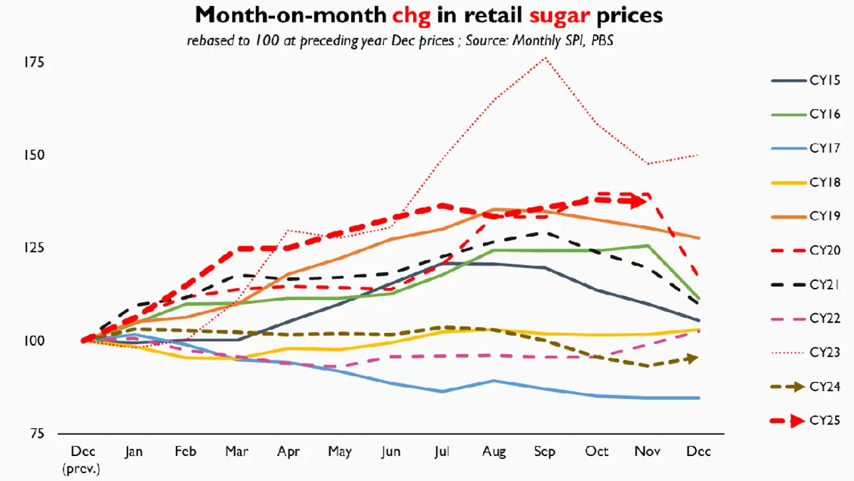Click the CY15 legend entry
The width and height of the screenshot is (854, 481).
(x=805, y=81)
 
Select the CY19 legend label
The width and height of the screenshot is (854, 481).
(x=825, y=216)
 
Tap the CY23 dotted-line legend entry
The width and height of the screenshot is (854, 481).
(x=805, y=353)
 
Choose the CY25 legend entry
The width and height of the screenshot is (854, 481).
(x=805, y=420)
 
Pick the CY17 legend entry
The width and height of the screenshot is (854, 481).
(x=805, y=148)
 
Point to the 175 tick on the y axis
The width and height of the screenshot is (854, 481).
(x=34, y=62)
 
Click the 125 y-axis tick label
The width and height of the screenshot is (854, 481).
(x=34, y=248)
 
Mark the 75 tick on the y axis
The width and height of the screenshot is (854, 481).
(x=37, y=433)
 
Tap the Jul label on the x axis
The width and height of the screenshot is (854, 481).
(x=442, y=452)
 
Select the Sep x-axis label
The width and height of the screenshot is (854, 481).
(x=545, y=452)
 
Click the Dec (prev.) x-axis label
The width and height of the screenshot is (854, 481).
(x=82, y=460)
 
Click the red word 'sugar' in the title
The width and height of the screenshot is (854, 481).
(x=560, y=16)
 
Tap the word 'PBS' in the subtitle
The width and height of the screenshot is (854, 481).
(x=602, y=40)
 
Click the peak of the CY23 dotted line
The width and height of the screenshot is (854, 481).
(x=545, y=58)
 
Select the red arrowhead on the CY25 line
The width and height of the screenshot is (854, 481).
(x=639, y=201)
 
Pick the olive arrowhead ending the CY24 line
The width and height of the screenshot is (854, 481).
(x=693, y=358)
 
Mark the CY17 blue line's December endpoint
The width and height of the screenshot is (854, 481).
(x=699, y=398)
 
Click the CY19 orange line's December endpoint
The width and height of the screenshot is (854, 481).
(x=699, y=239)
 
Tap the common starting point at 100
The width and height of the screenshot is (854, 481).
(x=83, y=340)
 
